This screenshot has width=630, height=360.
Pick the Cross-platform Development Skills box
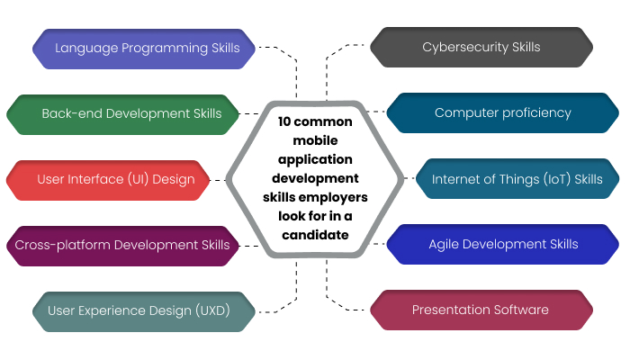coord(122,245)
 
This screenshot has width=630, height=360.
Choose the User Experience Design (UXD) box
coord(139,310)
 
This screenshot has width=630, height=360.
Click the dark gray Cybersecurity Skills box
coord(481,48)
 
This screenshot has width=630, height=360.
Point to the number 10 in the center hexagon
coord(285,121)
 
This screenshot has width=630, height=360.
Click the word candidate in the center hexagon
coord(314,235)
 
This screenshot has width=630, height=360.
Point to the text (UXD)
coord(212,310)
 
